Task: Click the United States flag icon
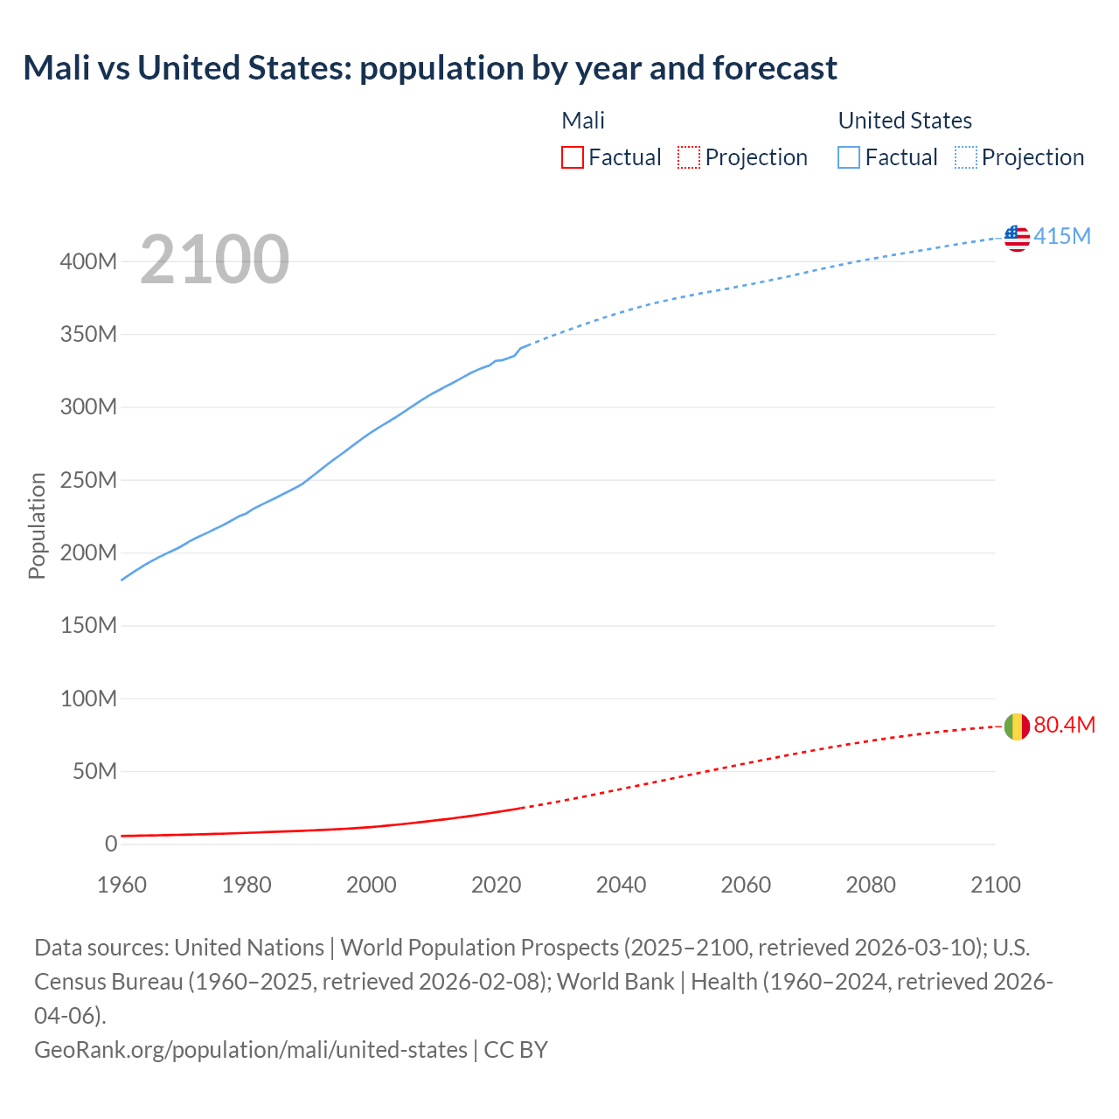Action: point(1017,238)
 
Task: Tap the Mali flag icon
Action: point(1017,726)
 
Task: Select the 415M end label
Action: point(1062,236)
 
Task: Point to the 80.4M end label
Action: point(1064,725)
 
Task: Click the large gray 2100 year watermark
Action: point(214,260)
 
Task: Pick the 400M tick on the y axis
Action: point(88,261)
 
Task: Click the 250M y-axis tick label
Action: point(88,480)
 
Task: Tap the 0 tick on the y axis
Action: point(111,844)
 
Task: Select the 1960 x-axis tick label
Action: point(122,885)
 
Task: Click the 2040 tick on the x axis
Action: point(621,885)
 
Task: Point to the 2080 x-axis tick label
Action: point(871,885)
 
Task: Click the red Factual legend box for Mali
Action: point(572,157)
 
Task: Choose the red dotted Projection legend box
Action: point(689,157)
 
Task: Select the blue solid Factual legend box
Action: point(848,157)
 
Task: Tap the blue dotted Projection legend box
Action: point(965,157)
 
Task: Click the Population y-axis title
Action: point(37,525)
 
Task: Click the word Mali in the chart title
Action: point(57,68)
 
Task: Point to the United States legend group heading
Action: point(905,121)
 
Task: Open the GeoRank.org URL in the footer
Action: point(250,1049)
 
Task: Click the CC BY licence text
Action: point(516,1049)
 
